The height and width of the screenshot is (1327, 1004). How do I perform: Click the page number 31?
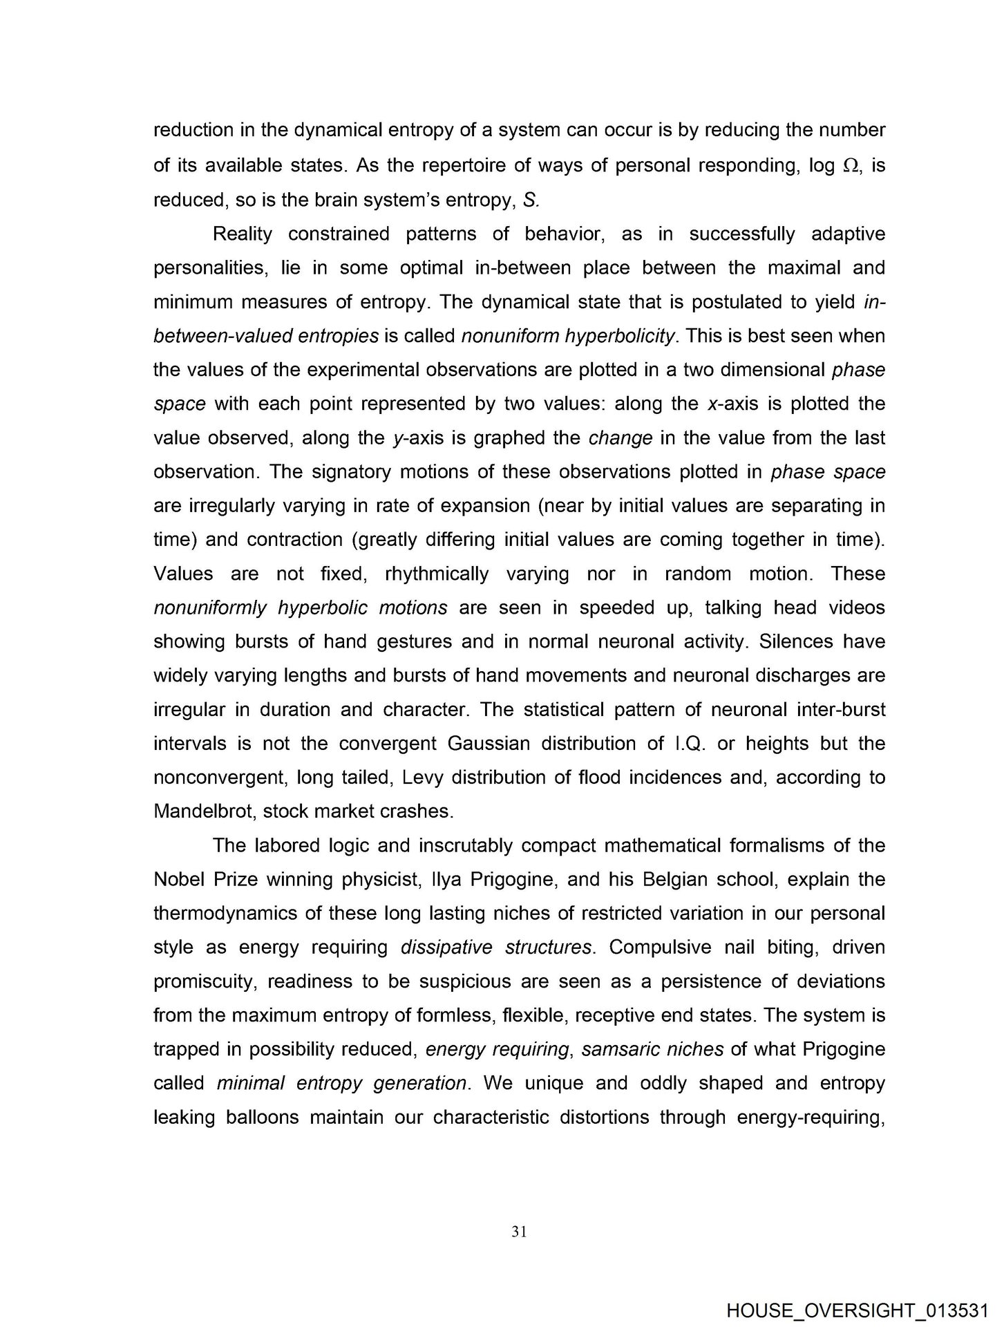pos(520,1231)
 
